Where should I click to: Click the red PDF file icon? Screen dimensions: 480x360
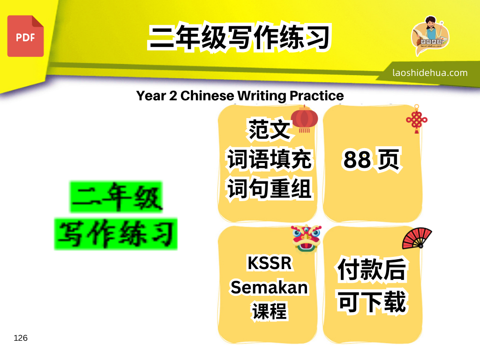tap(25, 36)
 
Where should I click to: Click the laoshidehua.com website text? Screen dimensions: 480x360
tap(430, 73)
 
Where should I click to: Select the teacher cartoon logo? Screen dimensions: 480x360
tap(430, 36)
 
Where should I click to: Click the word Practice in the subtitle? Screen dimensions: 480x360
tap(316, 96)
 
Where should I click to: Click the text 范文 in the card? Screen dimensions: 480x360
tap(269, 130)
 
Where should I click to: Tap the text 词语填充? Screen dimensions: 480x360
tap(269, 159)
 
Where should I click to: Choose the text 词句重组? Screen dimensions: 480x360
tap(269, 188)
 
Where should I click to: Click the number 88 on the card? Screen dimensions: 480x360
tap(357, 160)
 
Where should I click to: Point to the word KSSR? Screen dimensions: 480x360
tap(270, 263)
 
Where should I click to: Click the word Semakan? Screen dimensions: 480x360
tap(269, 287)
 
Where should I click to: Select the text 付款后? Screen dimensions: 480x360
tap(372, 270)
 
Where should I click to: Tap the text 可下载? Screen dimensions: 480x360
tap(372, 302)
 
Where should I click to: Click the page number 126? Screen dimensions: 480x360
tap(21, 338)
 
